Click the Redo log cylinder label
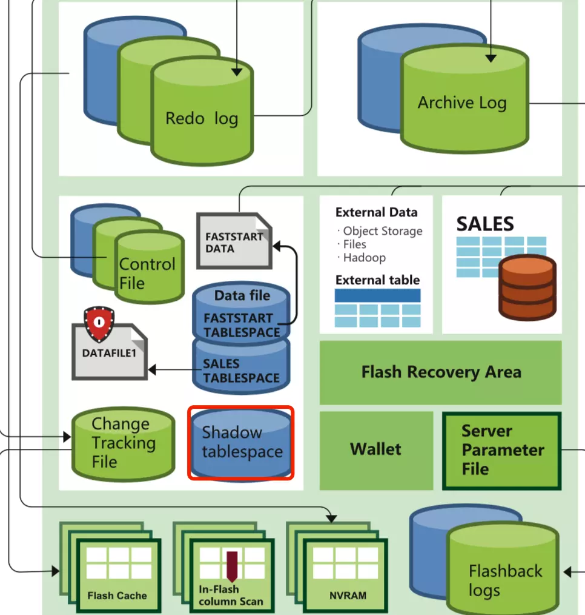click(202, 118)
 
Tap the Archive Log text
click(461, 102)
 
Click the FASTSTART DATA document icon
click(234, 241)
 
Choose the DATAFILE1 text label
click(109, 353)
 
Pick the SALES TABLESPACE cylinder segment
click(240, 371)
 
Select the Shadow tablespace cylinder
click(241, 442)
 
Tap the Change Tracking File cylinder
click(123, 443)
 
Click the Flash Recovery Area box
click(440, 372)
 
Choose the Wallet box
click(375, 449)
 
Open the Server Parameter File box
click(502, 450)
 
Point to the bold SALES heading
click(485, 224)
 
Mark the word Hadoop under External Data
click(365, 258)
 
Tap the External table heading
click(377, 280)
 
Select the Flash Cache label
click(117, 595)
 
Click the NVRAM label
click(348, 595)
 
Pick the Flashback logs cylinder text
click(504, 580)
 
